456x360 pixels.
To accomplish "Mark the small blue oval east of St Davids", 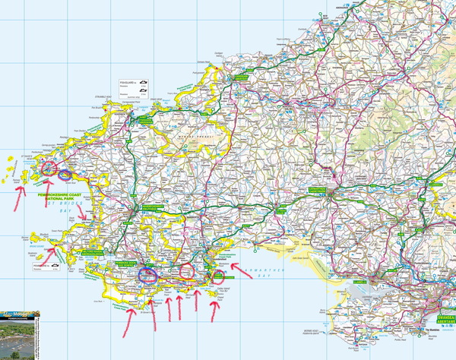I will click(x=66, y=175).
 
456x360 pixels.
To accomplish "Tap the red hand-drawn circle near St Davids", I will click(x=50, y=168).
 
